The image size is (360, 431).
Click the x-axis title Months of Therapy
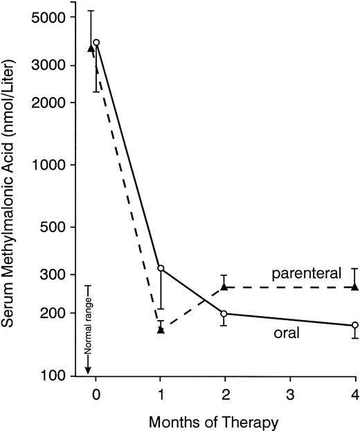point(225,419)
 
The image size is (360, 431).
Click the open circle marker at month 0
point(96,43)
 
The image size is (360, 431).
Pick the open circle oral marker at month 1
point(161,268)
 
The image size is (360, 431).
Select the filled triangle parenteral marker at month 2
point(224,286)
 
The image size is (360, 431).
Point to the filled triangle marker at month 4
point(355,286)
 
